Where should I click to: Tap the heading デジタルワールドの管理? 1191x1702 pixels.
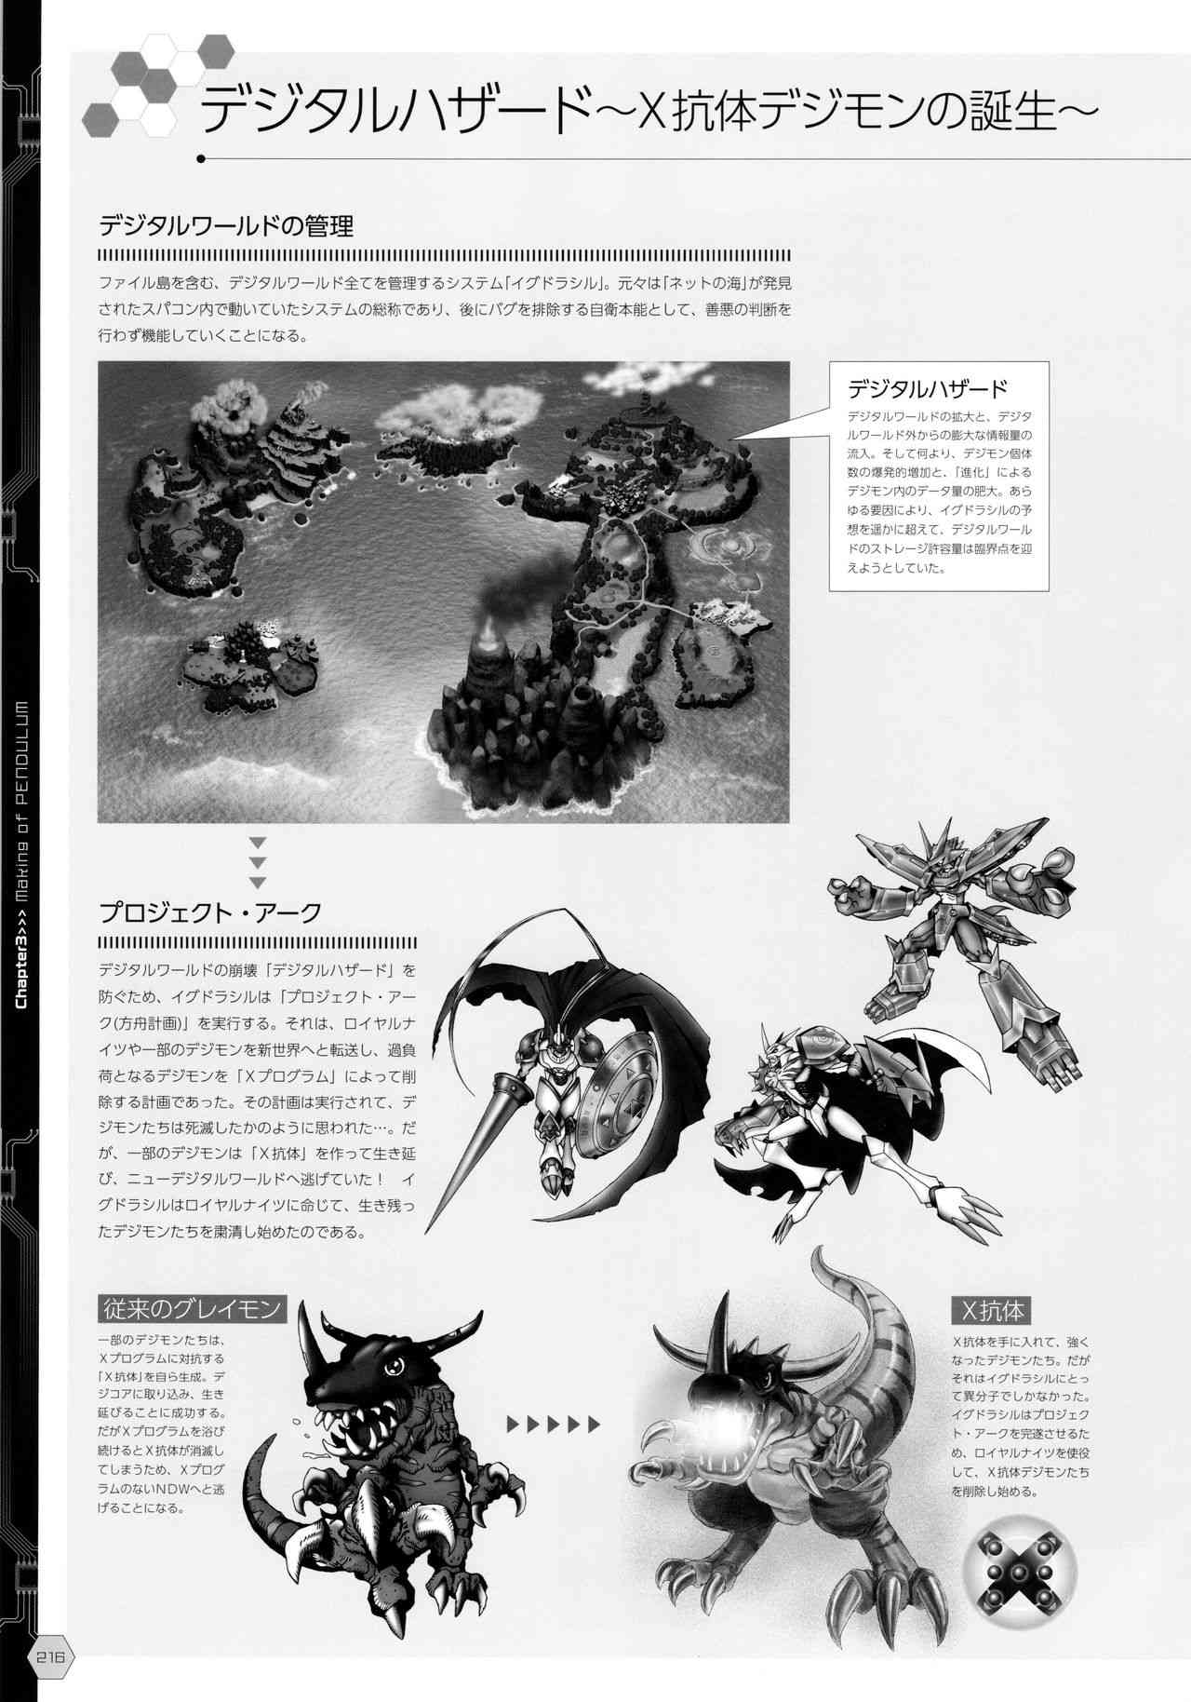click(226, 226)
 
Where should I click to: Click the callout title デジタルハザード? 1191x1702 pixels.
click(927, 387)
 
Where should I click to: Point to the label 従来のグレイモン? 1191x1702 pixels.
click(191, 1308)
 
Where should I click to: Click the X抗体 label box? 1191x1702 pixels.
click(992, 1311)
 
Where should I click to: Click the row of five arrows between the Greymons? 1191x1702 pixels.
click(553, 1425)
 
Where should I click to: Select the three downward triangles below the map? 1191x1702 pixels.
click(257, 862)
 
